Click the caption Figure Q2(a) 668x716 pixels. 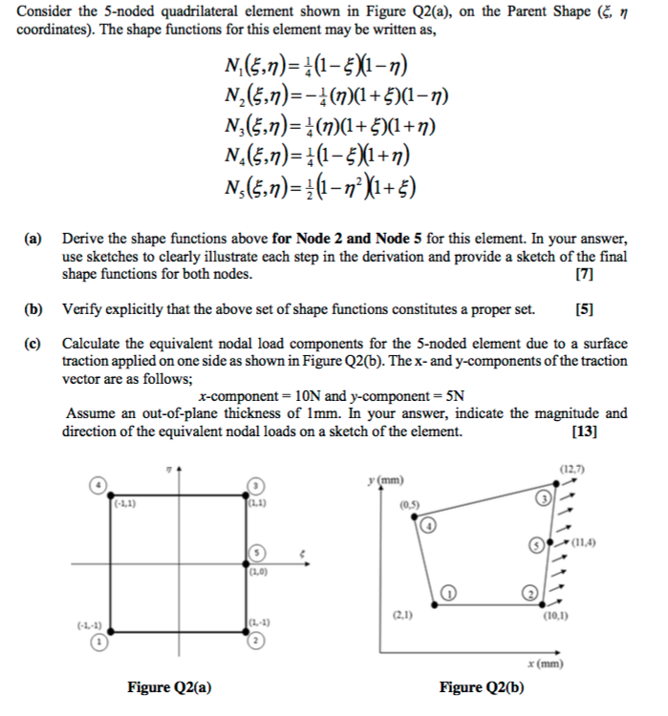click(169, 686)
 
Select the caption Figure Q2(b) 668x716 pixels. click(482, 686)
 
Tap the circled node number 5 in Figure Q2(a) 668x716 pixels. click(256, 554)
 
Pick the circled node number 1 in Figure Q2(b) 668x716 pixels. click(454, 591)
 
